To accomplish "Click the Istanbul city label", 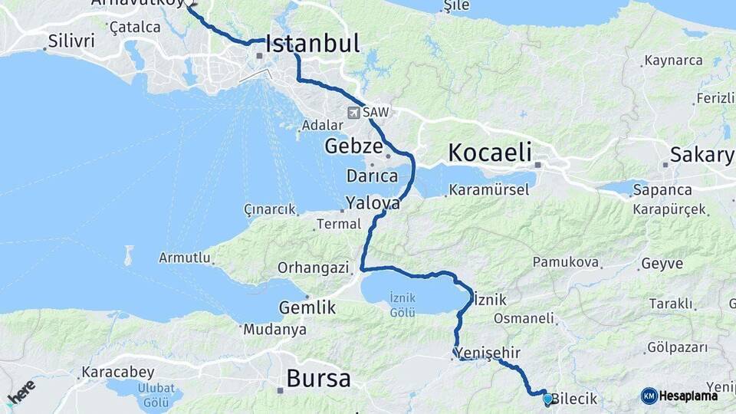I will [x=313, y=44].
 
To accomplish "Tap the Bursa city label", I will [x=318, y=378].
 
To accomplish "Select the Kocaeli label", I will [x=490, y=152].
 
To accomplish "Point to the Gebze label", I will [x=353, y=146].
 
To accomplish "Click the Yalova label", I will [x=373, y=204].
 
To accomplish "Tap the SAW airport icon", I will [x=353, y=113].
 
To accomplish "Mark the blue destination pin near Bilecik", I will [x=547, y=399].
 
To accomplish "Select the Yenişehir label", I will [x=489, y=353].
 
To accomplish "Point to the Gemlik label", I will [x=307, y=307].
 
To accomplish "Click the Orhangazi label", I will [x=313, y=268].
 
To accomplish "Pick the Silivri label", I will [x=71, y=41].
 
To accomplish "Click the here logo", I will [x=21, y=393].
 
